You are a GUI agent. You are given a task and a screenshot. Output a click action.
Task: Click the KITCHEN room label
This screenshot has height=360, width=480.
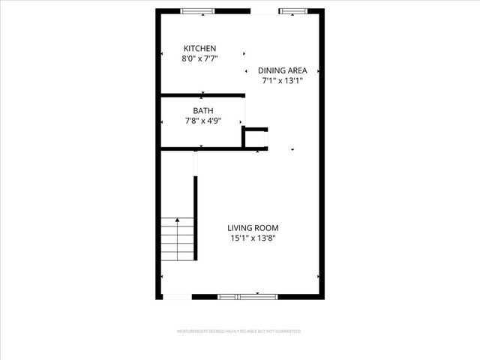[199, 48]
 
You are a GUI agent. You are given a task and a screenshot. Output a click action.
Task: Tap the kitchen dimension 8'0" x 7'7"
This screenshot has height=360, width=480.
[199, 58]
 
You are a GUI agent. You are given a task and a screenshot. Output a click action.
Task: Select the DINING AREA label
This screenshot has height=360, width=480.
[282, 70]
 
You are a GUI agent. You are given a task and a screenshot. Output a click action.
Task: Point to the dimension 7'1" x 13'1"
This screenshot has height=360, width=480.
[282, 80]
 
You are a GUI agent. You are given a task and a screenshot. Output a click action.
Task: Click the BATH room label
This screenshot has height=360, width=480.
[203, 110]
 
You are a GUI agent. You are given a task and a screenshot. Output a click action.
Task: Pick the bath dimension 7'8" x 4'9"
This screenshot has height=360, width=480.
[203, 120]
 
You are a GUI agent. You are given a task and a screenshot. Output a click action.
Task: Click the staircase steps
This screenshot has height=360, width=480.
[178, 240]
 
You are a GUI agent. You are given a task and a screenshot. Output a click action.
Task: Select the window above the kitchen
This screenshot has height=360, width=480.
[198, 11]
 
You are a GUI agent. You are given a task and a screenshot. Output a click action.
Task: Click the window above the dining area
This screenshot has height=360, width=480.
[294, 11]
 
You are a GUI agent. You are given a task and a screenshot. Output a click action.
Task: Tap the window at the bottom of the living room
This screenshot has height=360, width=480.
[247, 297]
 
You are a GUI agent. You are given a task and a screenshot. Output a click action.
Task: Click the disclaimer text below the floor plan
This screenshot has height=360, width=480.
[239, 331]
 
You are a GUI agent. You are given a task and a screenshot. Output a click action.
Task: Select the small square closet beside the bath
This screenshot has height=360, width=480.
[256, 139]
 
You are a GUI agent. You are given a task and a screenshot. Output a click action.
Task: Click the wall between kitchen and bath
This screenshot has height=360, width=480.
[202, 95]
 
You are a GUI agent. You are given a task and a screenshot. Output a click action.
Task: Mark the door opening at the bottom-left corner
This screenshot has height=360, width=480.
[177, 297]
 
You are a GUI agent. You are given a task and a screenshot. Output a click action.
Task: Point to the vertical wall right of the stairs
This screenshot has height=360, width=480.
[196, 217]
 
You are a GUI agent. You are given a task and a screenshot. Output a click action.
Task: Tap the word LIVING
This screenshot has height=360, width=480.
[243, 229]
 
